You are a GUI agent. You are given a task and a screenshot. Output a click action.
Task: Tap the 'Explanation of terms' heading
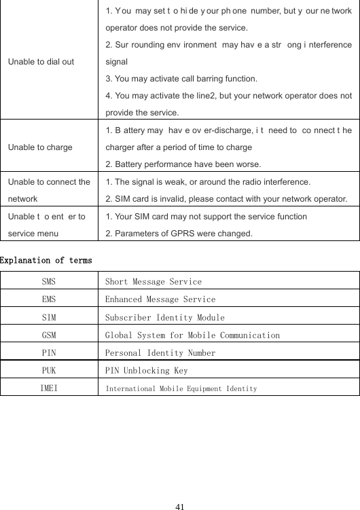(x=47, y=260)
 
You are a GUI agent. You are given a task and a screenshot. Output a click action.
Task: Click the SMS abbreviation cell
(x=49, y=281)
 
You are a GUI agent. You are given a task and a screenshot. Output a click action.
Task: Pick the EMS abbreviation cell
(x=49, y=299)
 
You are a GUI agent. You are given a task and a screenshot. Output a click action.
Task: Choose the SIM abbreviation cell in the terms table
(x=49, y=317)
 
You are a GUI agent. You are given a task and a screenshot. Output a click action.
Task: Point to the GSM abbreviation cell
(x=49, y=335)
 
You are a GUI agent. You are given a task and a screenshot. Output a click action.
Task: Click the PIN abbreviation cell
(x=49, y=353)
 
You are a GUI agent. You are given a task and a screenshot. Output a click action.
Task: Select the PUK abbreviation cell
(x=49, y=371)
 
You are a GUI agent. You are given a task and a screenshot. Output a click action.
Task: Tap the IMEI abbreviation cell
(x=49, y=388)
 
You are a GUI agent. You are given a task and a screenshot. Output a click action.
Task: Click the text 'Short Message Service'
(x=153, y=281)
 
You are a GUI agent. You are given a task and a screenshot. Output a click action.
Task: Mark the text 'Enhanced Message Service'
(x=160, y=299)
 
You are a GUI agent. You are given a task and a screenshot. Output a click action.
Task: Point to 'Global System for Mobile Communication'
(x=192, y=335)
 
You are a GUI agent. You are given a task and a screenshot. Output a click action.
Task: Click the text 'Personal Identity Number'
(x=160, y=353)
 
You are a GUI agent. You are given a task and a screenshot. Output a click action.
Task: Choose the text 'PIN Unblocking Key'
(x=146, y=371)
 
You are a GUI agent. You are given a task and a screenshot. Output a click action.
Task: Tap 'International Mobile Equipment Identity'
(x=181, y=388)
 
